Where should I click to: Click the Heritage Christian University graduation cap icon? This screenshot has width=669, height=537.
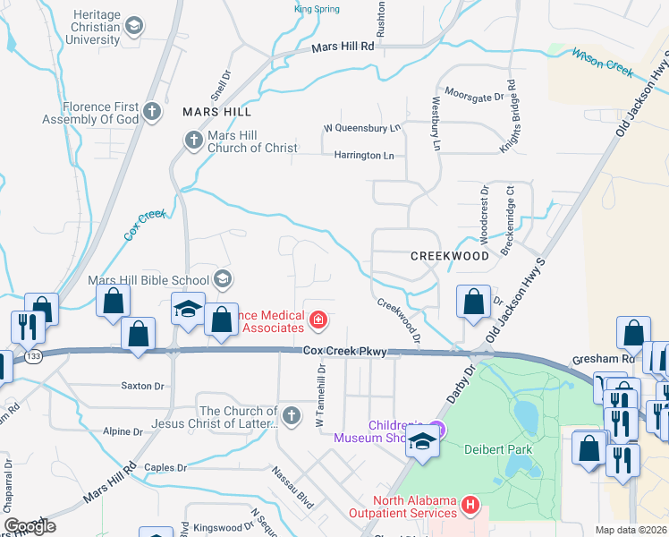[x=135, y=26]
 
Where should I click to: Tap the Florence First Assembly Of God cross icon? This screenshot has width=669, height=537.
[x=152, y=112]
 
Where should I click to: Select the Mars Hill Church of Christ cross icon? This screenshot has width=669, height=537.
[x=193, y=140]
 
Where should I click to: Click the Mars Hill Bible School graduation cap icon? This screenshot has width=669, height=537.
[x=223, y=279]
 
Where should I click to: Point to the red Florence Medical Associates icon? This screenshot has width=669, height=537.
[x=317, y=320]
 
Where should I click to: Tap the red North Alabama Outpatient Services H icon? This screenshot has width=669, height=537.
[x=470, y=507]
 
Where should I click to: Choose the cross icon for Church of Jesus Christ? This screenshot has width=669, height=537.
[x=292, y=416]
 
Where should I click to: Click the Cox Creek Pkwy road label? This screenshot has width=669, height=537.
[x=344, y=353]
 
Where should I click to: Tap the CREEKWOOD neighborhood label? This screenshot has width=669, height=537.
[x=450, y=256]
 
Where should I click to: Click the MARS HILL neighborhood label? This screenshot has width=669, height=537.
[x=216, y=113]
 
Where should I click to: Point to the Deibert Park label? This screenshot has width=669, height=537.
[x=494, y=448]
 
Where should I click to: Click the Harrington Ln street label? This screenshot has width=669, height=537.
[x=364, y=156]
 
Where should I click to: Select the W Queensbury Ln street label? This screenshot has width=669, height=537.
[x=361, y=128]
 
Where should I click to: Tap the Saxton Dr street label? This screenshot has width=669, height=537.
[x=143, y=387]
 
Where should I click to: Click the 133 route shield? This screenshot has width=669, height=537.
[x=34, y=356]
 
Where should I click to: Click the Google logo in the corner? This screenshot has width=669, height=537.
[x=30, y=525]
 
